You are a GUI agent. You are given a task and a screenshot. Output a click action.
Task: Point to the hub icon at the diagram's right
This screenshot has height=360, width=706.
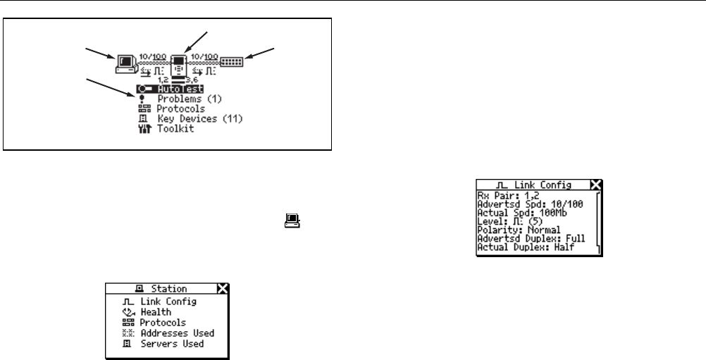[231, 61]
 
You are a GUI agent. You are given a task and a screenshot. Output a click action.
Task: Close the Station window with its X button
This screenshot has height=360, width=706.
[223, 288]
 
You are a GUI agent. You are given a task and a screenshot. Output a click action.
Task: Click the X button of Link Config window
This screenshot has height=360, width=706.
[595, 185]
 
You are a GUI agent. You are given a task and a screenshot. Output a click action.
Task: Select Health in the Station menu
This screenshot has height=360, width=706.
[154, 312]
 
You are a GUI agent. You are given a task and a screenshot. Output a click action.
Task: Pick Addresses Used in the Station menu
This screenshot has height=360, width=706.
[176, 333]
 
